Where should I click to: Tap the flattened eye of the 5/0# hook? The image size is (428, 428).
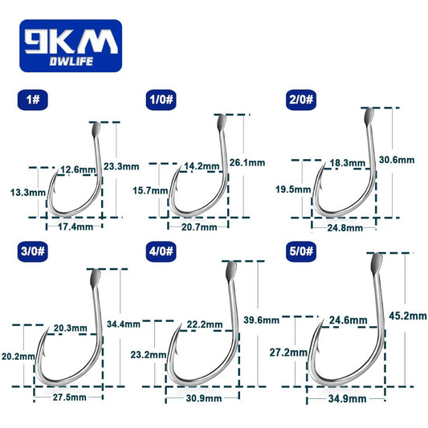click(x=374, y=263)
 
